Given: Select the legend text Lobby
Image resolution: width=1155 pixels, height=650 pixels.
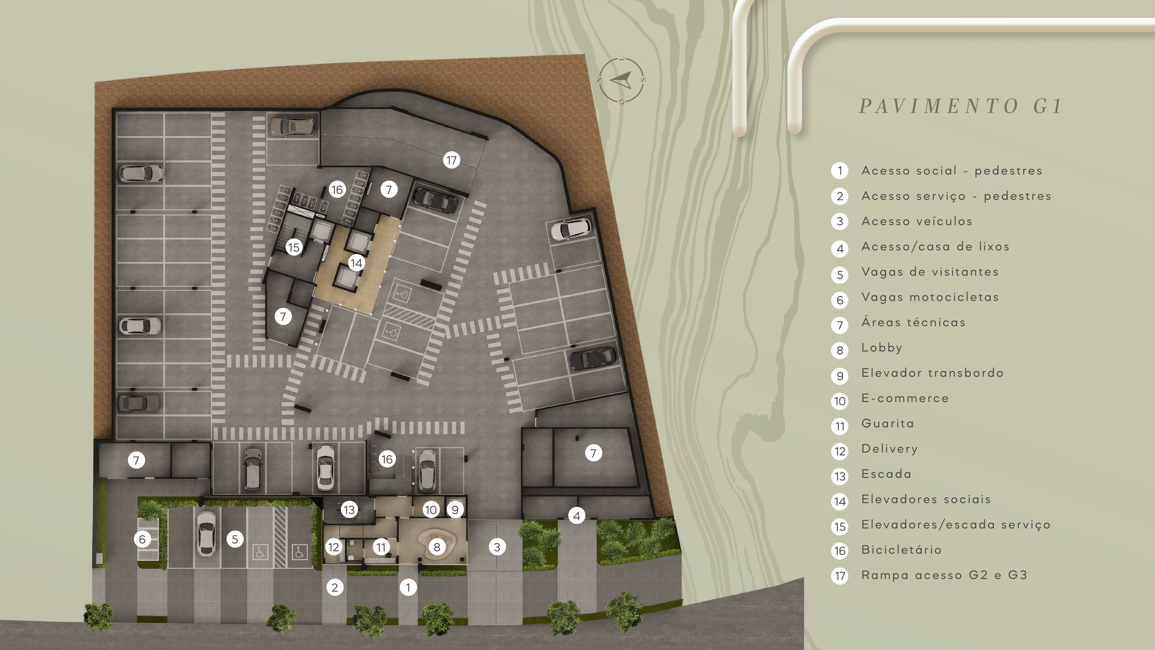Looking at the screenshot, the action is click(x=881, y=348).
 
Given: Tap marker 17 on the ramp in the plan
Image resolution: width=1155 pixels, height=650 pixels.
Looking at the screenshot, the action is click(x=452, y=160).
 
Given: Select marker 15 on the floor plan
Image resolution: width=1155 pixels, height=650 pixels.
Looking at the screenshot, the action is click(x=294, y=247).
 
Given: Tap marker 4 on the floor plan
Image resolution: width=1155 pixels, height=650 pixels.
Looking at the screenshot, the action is click(x=577, y=516).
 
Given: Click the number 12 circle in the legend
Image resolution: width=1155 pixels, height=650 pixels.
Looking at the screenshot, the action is click(x=840, y=451).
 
